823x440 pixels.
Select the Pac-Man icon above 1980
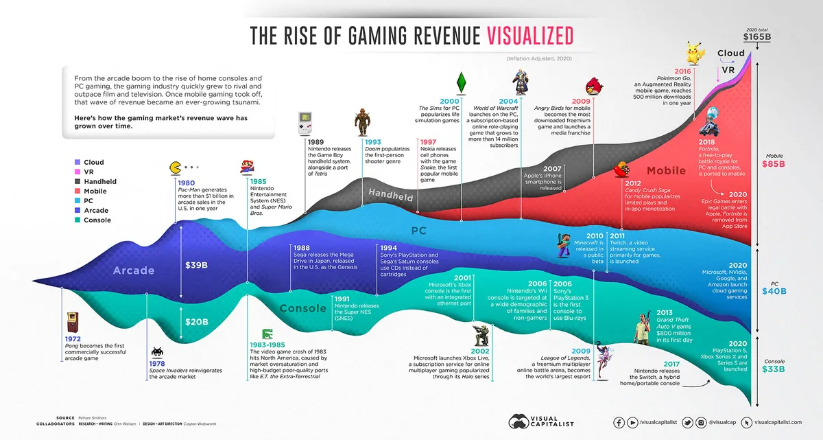pyautogui.click(x=175, y=167)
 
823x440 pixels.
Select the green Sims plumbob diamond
pyautogui.click(x=462, y=81)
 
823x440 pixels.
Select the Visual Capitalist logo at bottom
pyautogui.click(x=540, y=421)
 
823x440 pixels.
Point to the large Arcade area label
pyautogui.click(x=134, y=270)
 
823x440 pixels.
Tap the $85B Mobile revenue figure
pyautogui.click(x=774, y=164)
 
